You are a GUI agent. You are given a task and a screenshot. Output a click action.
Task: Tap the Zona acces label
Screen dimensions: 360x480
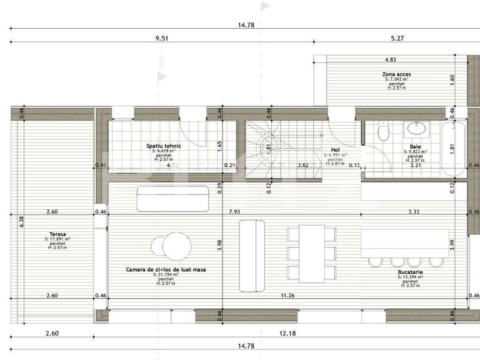click(x=396, y=74)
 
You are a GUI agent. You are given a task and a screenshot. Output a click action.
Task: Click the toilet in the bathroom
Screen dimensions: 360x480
click(x=383, y=131)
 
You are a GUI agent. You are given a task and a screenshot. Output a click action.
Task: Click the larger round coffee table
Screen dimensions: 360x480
click(x=178, y=245)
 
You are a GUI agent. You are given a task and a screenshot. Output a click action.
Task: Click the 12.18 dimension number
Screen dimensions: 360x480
click(x=288, y=333)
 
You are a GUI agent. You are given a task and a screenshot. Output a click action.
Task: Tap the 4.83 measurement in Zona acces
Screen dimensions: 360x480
click(x=390, y=60)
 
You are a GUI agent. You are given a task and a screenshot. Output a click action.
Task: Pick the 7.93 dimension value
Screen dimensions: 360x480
click(x=234, y=212)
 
